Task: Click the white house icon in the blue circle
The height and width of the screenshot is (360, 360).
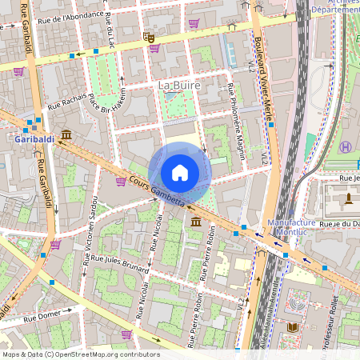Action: point(180,172)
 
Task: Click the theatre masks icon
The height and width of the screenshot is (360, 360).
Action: point(149,37)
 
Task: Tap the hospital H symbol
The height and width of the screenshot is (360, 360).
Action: point(346,147)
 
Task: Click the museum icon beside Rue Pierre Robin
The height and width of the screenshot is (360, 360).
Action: point(196,220)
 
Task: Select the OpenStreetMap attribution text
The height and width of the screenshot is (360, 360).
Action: point(81,354)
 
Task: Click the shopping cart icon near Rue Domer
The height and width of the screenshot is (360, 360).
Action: point(126,334)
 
